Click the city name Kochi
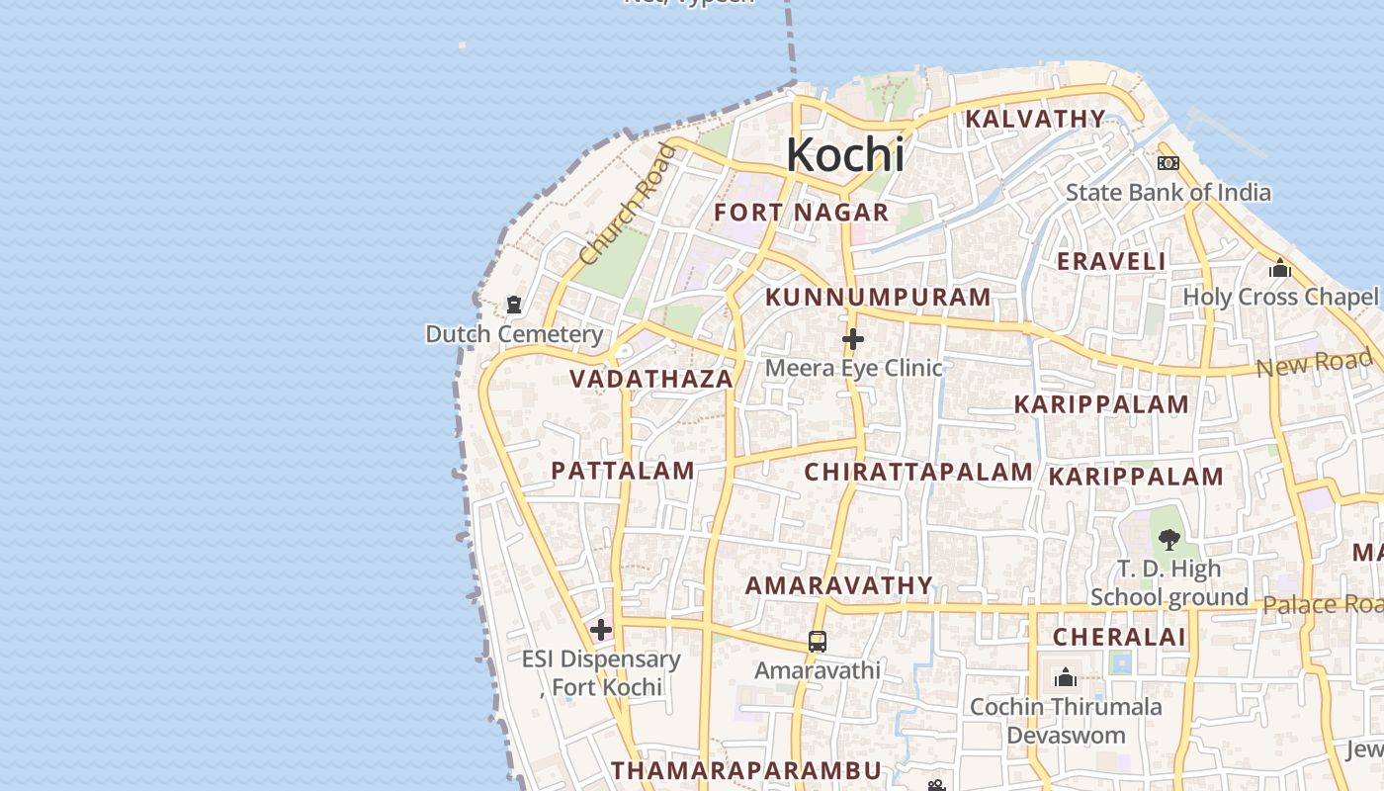(845, 155)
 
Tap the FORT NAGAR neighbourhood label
(802, 213)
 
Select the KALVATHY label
(1035, 120)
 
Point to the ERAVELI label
(1111, 262)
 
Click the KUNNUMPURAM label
(878, 298)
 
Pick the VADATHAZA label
(651, 379)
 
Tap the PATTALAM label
(623, 471)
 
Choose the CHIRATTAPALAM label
(918, 473)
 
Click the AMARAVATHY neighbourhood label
(839, 585)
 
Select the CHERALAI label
(1119, 638)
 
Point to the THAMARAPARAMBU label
(745, 770)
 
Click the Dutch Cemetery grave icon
(514, 305)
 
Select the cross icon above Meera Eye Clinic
(853, 339)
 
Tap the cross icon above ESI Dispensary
(601, 630)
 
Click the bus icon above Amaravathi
(818, 641)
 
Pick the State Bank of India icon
(1168, 163)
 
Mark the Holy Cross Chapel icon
(1280, 268)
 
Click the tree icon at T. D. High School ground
(1169, 539)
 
